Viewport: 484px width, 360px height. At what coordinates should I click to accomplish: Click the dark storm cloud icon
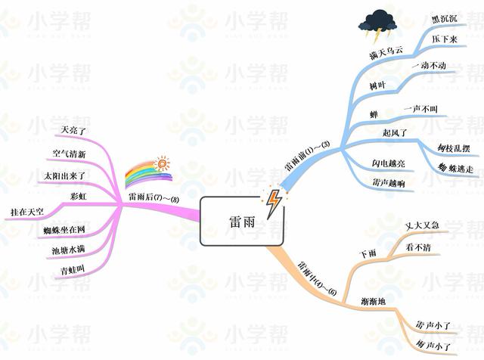pos(377,24)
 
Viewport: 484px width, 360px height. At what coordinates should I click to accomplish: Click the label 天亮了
pos(76,129)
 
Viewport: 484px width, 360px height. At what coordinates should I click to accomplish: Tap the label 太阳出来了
pos(66,175)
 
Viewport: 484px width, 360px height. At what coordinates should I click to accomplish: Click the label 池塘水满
pos(68,249)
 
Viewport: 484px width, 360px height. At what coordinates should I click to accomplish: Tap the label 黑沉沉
pos(444,17)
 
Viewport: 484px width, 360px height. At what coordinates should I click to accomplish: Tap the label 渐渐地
pos(374,302)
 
